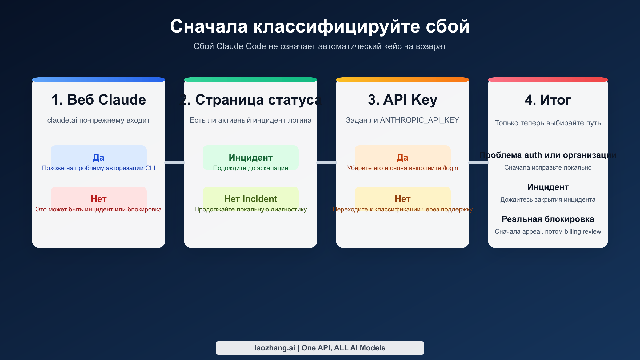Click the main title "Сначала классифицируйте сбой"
pos(320,26)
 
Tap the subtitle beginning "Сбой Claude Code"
pos(320,46)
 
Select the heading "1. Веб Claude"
pos(99,100)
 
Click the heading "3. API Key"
pos(402,100)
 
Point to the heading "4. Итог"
pos(548,100)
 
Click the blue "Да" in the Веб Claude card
pos(98,157)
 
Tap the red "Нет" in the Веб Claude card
pos(98,199)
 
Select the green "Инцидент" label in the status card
pos(250,157)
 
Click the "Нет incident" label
pos(250,199)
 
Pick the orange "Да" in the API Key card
pos(402,157)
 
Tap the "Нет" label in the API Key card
pos(402,199)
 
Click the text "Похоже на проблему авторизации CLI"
pos(98,168)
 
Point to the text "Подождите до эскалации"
pos(250,168)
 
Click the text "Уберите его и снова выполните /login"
pos(402,168)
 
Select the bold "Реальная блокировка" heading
pos(548,219)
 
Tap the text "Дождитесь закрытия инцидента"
pos(548,199)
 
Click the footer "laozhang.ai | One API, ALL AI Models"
pos(320,348)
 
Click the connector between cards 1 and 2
pos(175,162)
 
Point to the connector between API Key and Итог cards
pos(479,162)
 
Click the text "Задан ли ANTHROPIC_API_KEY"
pos(402,120)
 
